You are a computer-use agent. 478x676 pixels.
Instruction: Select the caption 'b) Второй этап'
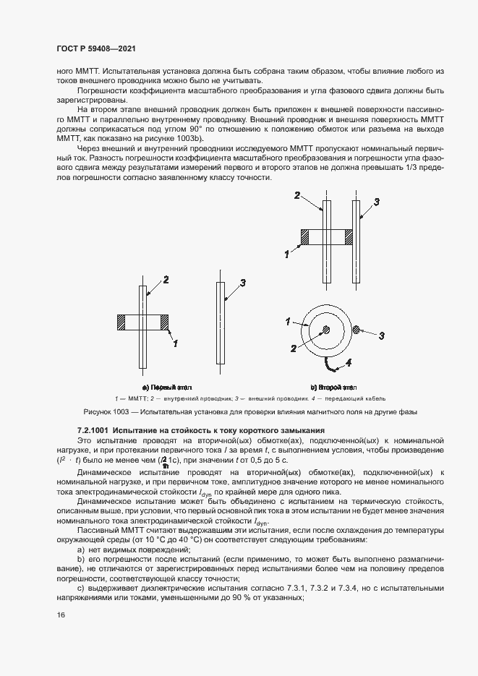tap(333, 388)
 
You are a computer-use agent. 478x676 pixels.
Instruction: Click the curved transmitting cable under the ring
tap(330, 361)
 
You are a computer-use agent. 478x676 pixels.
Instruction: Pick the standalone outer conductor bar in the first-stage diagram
tap(220, 324)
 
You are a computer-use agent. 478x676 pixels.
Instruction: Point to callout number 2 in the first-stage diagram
tap(166, 280)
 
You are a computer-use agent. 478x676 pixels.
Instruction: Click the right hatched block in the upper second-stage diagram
tap(349, 236)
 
